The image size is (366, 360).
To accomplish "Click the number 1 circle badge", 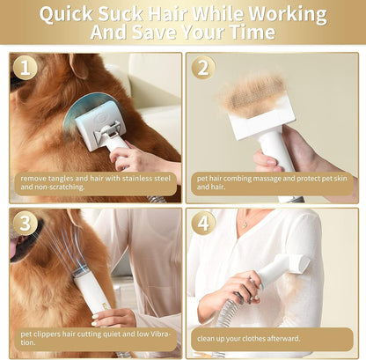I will point(26,68).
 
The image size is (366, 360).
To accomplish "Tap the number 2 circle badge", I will point(203,68).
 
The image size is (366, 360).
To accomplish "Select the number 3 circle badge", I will point(26,223).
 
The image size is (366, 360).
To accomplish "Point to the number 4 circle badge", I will point(203,223).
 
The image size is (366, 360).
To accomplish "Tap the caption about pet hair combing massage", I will point(271,181).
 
